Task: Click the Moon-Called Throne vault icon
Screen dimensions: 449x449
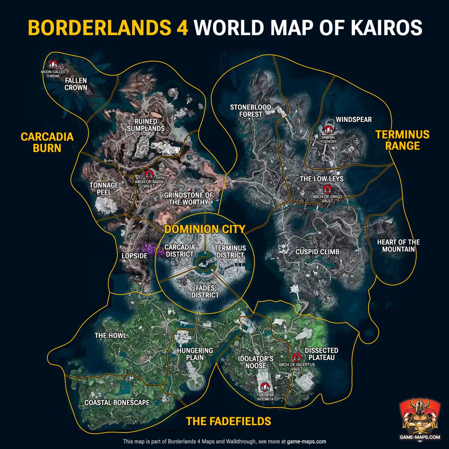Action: pos(53,64)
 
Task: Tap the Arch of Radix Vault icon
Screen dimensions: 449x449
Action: pos(149,174)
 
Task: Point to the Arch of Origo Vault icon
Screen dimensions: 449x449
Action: pos(328,189)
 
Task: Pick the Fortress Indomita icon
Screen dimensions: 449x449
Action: pos(265,388)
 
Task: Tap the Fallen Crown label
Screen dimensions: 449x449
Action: pos(76,84)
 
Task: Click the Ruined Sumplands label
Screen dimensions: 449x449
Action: pos(146,125)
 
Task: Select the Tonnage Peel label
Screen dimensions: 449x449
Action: pos(104,188)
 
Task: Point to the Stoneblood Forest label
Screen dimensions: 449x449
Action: pos(250,110)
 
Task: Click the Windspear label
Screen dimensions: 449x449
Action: pos(354,119)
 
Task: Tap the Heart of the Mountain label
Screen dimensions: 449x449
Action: pos(398,246)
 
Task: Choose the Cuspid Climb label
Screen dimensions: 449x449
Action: pos(317,252)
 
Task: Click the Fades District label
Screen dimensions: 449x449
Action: pos(205,291)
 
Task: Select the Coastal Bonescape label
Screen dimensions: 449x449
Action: pos(117,403)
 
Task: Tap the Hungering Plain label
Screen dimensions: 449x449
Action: pos(195,354)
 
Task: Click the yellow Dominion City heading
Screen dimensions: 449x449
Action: pos(205,229)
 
